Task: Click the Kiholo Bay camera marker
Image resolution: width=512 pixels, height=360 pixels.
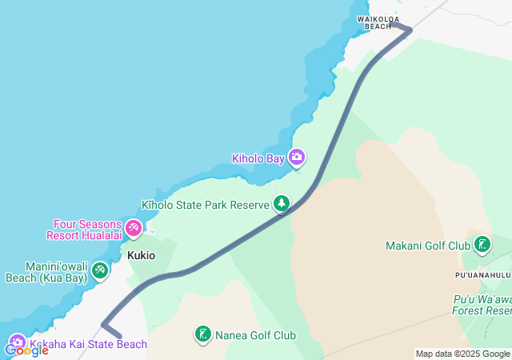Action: pyautogui.click(x=297, y=157)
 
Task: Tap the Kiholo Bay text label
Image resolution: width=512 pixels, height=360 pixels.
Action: pyautogui.click(x=258, y=158)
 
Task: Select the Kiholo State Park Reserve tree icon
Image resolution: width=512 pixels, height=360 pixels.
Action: pyautogui.click(x=281, y=204)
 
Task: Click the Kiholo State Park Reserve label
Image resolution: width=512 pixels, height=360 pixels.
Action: pyautogui.click(x=206, y=206)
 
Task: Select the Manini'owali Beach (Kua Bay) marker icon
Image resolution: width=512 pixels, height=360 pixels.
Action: pyautogui.click(x=99, y=270)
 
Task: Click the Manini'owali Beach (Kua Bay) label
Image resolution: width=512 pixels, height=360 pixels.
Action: pyautogui.click(x=46, y=272)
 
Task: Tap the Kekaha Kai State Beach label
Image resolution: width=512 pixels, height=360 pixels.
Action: pyautogui.click(x=89, y=345)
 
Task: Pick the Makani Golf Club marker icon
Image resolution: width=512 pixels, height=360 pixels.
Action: pyautogui.click(x=482, y=244)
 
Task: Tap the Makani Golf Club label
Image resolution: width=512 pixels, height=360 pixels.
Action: pyautogui.click(x=428, y=246)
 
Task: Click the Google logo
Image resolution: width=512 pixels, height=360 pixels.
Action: pyautogui.click(x=26, y=350)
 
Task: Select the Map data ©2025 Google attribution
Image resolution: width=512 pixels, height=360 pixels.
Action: pyautogui.click(x=462, y=354)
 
